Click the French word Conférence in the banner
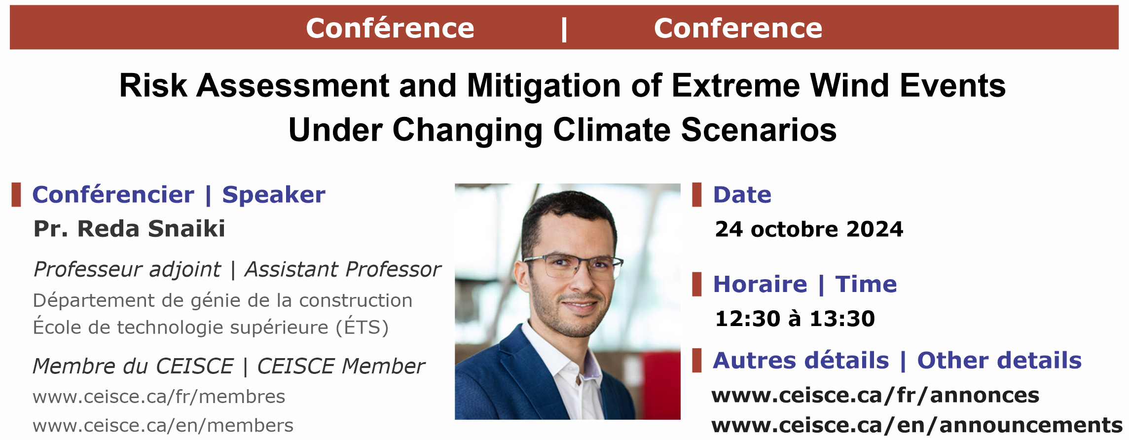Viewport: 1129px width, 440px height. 390,28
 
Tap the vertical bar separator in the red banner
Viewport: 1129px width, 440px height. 564,30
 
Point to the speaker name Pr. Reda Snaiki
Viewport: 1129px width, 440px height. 129,228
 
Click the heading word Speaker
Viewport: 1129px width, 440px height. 274,195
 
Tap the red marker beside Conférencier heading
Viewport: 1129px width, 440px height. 16,194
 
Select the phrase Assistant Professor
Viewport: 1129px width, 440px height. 343,269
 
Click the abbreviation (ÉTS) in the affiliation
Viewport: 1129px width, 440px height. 363,327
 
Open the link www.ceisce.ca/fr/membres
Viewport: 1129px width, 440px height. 159,397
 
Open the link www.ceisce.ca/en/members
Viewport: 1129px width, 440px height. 163,425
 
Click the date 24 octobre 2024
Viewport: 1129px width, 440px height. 809,229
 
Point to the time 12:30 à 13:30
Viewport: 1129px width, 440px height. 795,318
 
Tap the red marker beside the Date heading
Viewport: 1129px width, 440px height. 697,194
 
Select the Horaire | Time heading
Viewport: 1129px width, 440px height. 805,284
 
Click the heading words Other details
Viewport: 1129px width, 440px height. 999,360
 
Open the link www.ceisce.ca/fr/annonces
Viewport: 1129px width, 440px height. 875,395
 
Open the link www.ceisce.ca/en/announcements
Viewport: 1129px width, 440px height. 917,425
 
